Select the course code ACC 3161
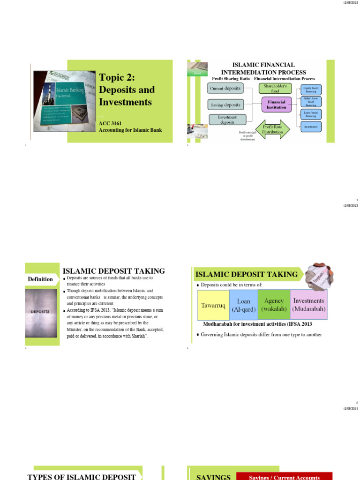[110, 123]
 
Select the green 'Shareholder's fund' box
[276, 88]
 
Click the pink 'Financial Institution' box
[277, 105]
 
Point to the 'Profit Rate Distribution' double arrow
[273, 129]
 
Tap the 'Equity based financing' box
[311, 89]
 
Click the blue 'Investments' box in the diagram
[311, 127]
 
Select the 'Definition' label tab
[40, 279]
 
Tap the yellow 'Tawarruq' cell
[213, 305]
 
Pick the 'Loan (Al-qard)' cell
[243, 305]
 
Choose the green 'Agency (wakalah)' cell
[274, 305]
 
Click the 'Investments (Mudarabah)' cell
[308, 305]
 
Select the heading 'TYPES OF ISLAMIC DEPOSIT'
[82, 477]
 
